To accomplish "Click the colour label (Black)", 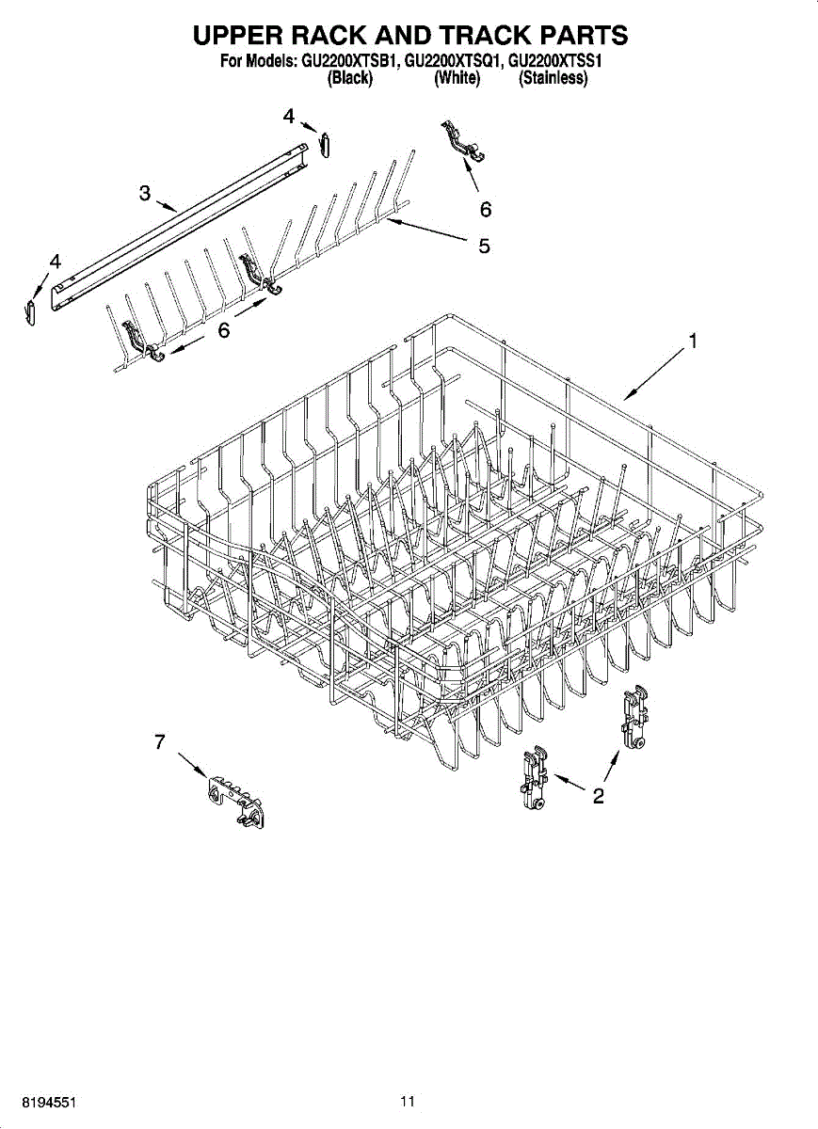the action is [x=349, y=79].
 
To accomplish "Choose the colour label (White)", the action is [x=457, y=79].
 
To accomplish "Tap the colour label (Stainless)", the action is [x=553, y=79].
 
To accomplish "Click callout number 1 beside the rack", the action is [x=693, y=342].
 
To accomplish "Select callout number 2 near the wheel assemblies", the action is [x=598, y=797].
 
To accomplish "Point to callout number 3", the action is [x=144, y=193].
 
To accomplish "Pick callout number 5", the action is [x=484, y=246].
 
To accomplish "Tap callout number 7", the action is [x=160, y=742].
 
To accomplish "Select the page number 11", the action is [x=407, y=1101].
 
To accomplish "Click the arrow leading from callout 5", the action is [x=427, y=231].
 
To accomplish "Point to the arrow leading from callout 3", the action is [x=167, y=205].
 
